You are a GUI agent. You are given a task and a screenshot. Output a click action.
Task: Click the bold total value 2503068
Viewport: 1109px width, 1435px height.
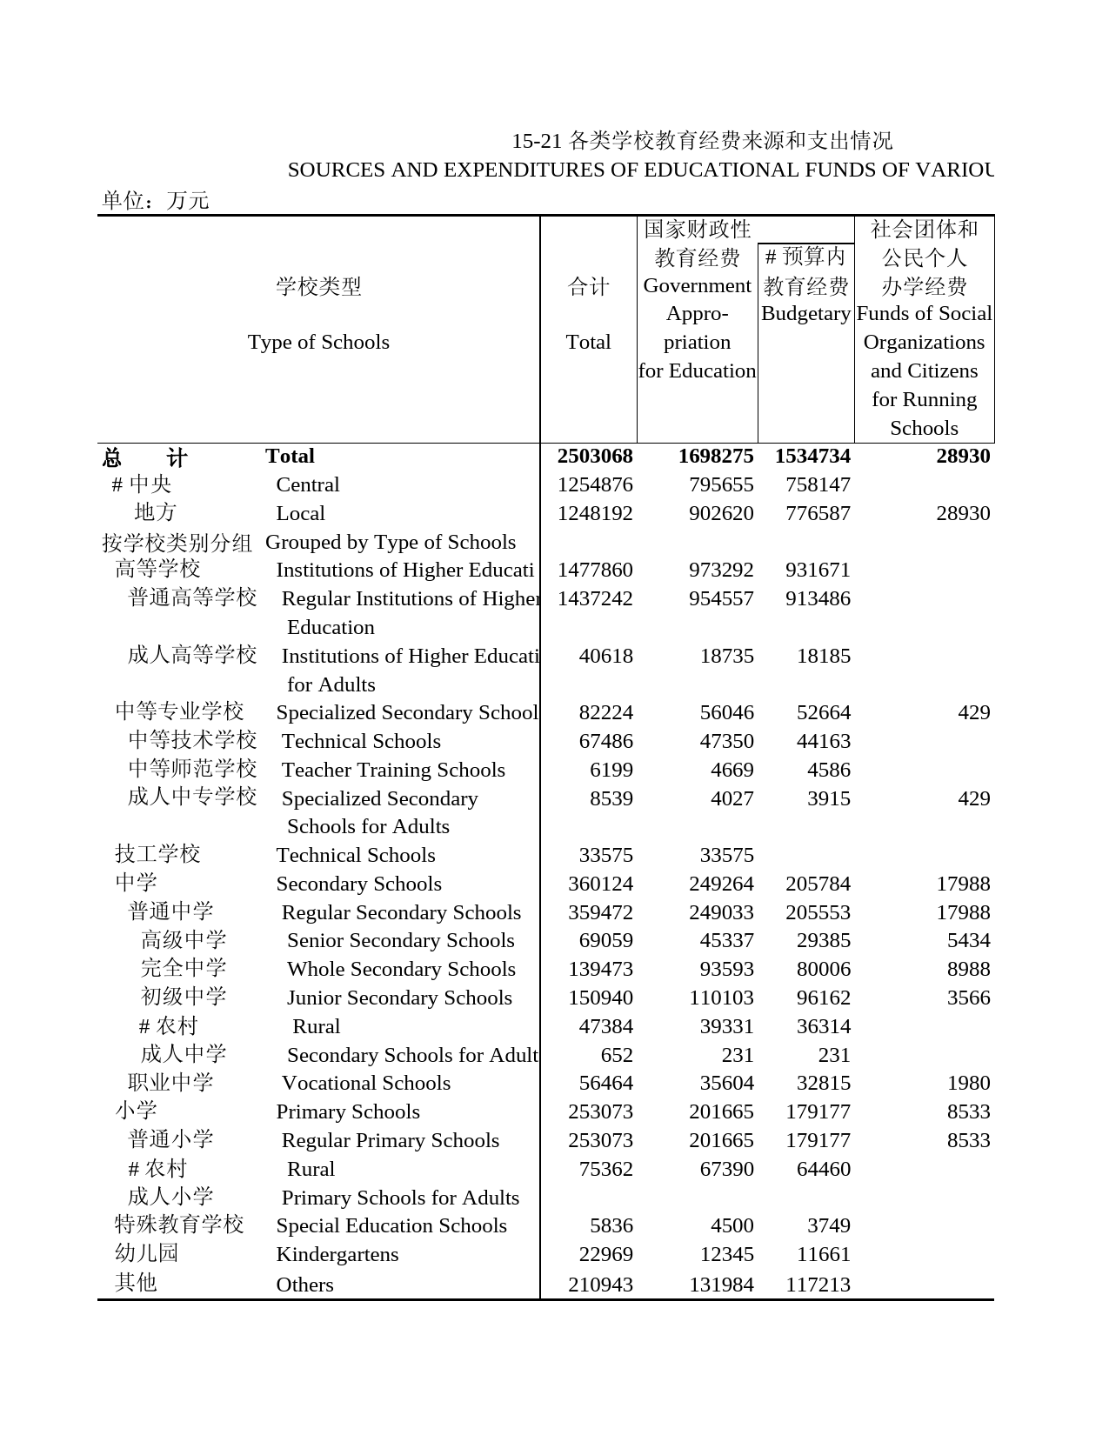594,457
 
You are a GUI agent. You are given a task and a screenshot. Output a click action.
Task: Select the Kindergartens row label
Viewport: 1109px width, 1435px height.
337,1254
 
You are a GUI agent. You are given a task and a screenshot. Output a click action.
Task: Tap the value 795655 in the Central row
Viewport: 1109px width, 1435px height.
721,484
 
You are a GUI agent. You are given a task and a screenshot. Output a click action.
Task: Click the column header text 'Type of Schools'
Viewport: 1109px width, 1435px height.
318,342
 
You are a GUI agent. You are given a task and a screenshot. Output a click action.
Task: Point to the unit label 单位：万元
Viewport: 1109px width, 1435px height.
155,201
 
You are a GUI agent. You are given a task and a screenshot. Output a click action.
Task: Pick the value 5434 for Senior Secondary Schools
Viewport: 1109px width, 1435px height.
968,940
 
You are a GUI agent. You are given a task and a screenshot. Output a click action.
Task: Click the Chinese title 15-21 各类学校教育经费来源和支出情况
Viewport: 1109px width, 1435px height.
701,141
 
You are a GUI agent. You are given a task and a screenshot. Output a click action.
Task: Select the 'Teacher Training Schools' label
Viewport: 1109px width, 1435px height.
393,770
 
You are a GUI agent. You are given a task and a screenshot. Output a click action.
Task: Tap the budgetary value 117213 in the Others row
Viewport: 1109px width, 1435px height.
818,1285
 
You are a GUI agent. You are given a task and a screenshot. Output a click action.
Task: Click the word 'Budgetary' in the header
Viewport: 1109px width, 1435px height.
805,314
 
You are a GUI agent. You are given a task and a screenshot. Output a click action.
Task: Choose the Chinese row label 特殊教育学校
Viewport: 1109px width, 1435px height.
179,1225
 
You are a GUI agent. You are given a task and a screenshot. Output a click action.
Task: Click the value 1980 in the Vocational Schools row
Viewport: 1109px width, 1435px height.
968,1083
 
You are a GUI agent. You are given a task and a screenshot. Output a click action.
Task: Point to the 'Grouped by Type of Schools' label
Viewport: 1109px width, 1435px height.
390,542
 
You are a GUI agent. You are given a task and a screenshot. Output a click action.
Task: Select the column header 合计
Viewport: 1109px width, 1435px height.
588,286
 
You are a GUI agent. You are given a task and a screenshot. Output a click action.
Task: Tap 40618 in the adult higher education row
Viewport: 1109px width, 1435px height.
605,656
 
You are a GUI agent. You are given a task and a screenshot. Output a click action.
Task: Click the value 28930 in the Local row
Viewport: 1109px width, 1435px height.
962,513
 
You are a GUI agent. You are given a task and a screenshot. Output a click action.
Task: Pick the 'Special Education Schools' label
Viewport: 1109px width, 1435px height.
391,1225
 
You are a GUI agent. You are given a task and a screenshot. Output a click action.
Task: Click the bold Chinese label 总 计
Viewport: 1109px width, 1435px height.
144,457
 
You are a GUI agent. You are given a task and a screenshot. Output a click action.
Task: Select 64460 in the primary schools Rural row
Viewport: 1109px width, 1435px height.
823,1169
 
